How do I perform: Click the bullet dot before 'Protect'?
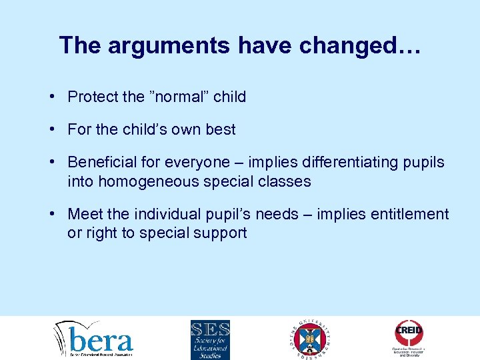click(52, 97)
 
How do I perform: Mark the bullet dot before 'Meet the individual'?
click(52, 214)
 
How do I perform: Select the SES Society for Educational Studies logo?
click(210, 339)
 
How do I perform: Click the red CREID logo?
click(409, 333)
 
